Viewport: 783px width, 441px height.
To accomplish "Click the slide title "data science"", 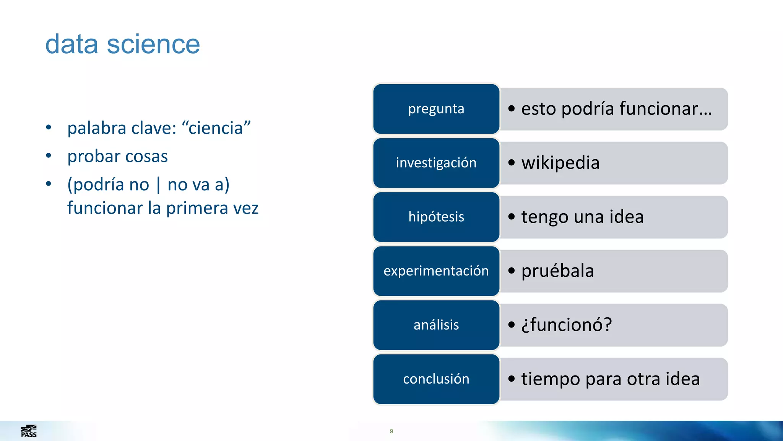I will [122, 44].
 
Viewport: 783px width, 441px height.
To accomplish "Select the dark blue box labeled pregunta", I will [436, 109].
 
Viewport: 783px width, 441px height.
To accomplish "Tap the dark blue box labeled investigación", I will [436, 163].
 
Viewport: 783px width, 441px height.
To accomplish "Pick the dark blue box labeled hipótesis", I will [436, 217].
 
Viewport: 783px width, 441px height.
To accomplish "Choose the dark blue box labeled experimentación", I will [436, 271].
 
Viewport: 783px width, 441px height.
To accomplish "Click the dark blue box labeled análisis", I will [436, 325].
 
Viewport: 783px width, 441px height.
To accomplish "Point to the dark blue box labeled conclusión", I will [436, 379].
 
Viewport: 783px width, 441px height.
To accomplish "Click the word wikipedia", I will [560, 163].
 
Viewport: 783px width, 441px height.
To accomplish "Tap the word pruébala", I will [557, 271].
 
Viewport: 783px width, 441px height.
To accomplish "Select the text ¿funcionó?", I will [567, 325].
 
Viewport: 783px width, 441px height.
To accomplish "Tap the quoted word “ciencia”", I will [216, 128].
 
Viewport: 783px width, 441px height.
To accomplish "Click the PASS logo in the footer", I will [29, 431].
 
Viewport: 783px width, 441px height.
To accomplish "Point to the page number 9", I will [391, 431].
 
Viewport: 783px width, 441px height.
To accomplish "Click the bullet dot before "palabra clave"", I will [49, 127].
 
